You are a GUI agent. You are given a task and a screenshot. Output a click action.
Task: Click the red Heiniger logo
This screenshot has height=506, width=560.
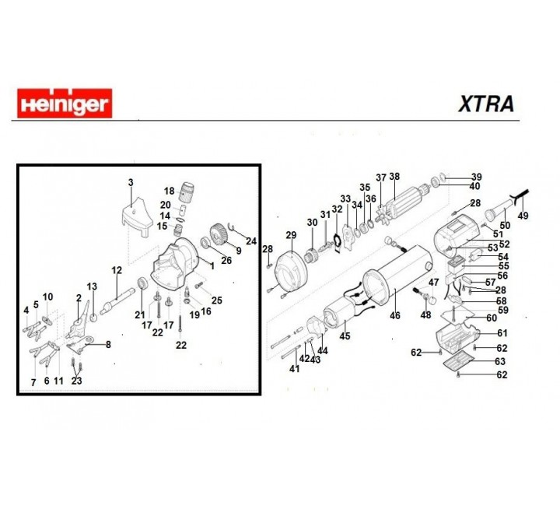pyautogui.click(x=64, y=103)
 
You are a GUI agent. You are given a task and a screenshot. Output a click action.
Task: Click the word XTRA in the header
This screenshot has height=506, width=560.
pyautogui.click(x=485, y=104)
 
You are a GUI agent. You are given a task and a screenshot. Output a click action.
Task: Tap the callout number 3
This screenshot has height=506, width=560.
pyautogui.click(x=131, y=182)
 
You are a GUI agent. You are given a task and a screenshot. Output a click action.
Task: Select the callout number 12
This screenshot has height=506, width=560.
pyautogui.click(x=117, y=270)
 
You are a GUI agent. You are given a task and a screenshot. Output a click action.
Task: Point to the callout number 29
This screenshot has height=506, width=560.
pyautogui.click(x=291, y=235)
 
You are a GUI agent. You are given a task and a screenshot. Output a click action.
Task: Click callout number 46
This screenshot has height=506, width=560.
pyautogui.click(x=394, y=315)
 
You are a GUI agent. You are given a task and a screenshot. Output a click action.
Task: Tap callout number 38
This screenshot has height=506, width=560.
pyautogui.click(x=394, y=177)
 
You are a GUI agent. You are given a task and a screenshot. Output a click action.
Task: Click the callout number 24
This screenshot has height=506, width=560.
pyautogui.click(x=250, y=241)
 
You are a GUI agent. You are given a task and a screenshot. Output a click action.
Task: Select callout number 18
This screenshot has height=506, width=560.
pyautogui.click(x=169, y=191)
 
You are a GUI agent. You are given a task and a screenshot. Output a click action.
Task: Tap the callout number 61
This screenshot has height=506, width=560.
pyautogui.click(x=502, y=333)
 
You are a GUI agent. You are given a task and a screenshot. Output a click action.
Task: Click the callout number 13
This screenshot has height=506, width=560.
pyautogui.click(x=91, y=286)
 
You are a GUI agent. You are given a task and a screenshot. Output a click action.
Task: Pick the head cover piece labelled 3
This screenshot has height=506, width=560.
pyautogui.click(x=137, y=211)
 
